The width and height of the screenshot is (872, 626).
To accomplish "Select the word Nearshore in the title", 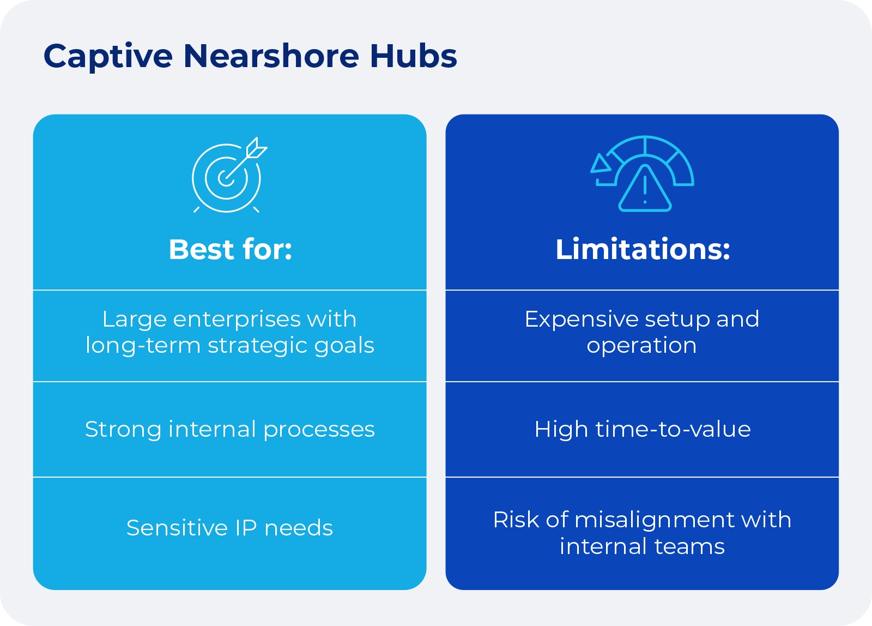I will pos(271,56).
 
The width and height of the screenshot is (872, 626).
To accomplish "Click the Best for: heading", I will pos(230,250).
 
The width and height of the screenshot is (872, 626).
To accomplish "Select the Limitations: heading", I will pos(643,250).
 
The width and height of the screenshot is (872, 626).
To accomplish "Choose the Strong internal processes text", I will pos(230,430).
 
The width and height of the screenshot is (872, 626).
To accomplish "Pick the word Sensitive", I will pos(177,528).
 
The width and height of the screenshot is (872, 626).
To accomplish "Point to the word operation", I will pos(641,346).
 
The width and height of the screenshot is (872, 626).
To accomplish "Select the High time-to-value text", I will pos(643,430).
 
